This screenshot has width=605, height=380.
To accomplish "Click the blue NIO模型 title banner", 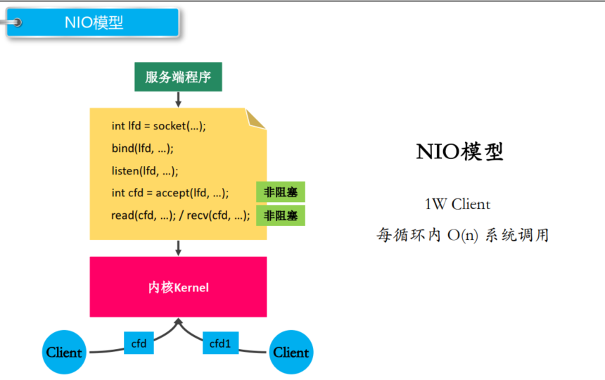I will (94, 23).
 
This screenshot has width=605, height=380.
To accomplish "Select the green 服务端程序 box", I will (178, 77).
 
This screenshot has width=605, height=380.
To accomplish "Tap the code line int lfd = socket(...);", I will (158, 126).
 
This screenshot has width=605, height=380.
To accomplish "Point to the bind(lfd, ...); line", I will (142, 148).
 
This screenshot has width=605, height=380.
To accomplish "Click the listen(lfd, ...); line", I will (145, 170).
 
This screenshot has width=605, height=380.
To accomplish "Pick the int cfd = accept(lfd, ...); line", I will (170, 193).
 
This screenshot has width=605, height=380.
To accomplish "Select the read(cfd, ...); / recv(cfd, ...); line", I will (181, 215).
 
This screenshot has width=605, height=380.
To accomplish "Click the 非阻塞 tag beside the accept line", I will (280, 192).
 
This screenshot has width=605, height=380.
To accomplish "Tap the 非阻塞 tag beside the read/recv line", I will (280, 215).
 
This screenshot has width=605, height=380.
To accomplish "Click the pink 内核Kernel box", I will (178, 287).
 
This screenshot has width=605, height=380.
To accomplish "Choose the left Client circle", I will (64, 352).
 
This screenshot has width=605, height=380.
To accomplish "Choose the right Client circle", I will (291, 352).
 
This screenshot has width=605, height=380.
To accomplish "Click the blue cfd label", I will (139, 343).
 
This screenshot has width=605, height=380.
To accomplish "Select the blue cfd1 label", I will (220, 343).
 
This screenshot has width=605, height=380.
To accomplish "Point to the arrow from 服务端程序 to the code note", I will (178, 99).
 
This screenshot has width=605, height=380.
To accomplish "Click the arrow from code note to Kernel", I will (178, 248).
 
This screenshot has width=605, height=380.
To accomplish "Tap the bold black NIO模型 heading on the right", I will (460, 152).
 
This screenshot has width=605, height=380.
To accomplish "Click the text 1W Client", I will (457, 205).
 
